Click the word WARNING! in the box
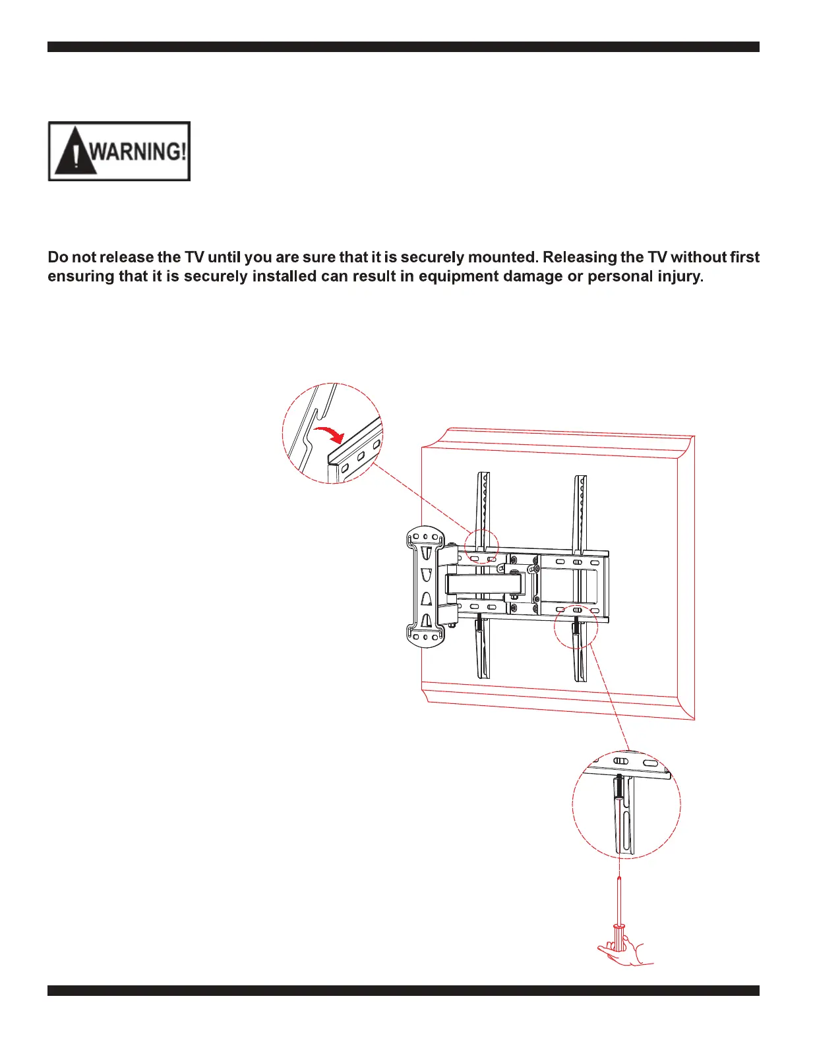coord(138,152)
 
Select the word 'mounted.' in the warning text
coord(502,257)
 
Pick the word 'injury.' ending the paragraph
coord(680,276)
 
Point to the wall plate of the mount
coord(426,585)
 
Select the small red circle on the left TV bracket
coord(481,546)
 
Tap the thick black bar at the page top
coord(403,47)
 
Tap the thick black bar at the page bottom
coord(403,991)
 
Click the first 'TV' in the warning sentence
coord(195,257)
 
